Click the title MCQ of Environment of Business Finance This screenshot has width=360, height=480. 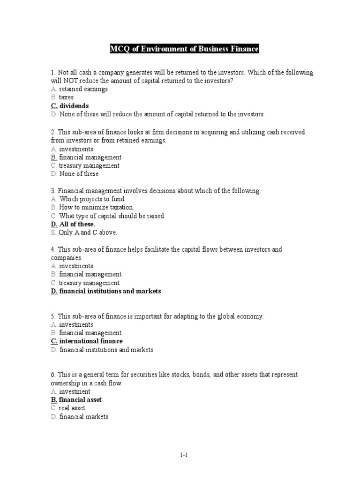184,49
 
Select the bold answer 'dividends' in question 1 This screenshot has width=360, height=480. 74,106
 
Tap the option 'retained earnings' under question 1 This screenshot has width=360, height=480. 83,89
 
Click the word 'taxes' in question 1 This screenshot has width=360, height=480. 66,97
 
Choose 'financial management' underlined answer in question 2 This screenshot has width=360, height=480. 90,157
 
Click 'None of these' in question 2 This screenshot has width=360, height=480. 79,174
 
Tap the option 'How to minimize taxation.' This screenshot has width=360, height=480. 97,207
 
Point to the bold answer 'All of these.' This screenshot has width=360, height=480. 77,225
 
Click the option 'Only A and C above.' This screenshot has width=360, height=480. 88,232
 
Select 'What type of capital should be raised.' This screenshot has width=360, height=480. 112,216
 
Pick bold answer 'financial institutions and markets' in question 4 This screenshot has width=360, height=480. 110,291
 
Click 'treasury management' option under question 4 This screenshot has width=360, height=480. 89,283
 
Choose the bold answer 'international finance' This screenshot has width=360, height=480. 91,341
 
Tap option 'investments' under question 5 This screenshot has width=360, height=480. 76,324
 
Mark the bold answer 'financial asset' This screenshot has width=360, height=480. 80,400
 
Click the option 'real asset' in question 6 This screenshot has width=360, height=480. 72,408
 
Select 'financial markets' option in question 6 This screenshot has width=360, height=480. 84,417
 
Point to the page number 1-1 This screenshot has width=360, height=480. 184,455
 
